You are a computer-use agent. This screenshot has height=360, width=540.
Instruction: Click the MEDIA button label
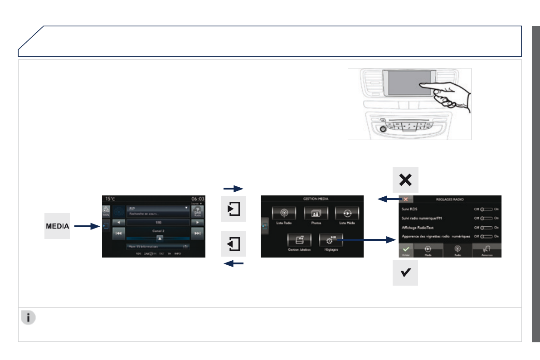[57, 226]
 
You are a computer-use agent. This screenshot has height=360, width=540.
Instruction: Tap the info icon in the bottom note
[28, 318]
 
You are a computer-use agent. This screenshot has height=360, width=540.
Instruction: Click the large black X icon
[405, 180]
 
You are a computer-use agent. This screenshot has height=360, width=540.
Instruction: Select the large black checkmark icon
[405, 273]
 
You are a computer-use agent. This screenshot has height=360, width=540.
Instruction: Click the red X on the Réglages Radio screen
[405, 199]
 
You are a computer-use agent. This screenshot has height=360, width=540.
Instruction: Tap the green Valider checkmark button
[406, 250]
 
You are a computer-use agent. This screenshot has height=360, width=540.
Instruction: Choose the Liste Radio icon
[284, 214]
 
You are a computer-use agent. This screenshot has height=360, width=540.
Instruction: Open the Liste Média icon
[347, 214]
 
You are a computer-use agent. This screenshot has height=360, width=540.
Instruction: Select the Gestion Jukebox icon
[299, 240]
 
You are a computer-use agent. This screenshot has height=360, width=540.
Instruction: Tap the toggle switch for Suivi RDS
[486, 209]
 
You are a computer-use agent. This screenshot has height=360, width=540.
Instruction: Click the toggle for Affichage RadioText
[486, 227]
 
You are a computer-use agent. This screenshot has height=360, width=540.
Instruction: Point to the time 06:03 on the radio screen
[198, 199]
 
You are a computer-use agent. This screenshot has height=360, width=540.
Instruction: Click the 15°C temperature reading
[111, 199]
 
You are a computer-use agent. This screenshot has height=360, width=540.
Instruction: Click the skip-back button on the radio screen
[119, 234]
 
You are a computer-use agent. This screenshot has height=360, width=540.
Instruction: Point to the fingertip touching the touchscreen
[421, 84]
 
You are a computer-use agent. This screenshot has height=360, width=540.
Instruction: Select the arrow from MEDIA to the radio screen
[87, 226]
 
